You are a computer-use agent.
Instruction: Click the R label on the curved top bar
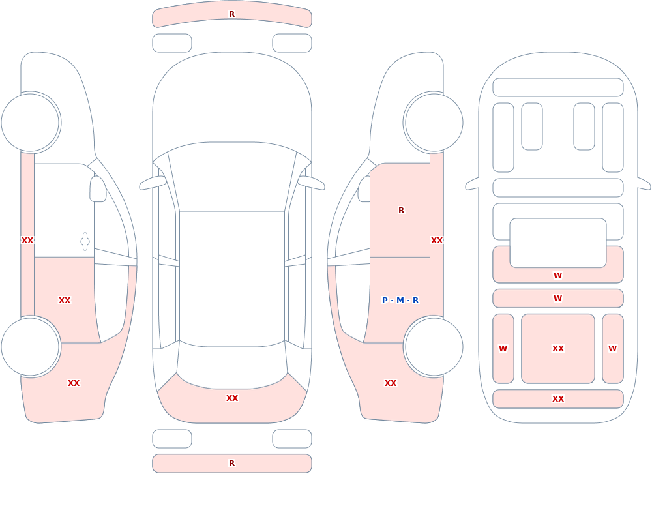click(232, 14)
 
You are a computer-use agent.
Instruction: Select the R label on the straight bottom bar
click(232, 464)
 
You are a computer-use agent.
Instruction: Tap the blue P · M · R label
click(400, 301)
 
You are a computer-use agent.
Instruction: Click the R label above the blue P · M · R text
click(401, 211)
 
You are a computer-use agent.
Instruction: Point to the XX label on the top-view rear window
click(232, 398)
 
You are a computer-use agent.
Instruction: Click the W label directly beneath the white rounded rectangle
click(558, 275)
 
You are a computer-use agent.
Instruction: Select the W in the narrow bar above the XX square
click(558, 298)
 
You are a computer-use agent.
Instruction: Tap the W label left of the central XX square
click(503, 349)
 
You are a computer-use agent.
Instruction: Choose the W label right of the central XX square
click(612, 349)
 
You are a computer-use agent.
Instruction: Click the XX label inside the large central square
click(558, 349)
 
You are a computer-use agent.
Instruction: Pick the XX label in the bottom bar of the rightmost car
click(558, 399)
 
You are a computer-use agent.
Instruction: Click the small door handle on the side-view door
click(85, 242)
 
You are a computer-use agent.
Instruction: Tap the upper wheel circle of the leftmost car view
click(31, 123)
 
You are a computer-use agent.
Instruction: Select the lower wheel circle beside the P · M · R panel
click(434, 347)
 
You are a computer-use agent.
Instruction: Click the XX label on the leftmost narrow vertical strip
click(27, 241)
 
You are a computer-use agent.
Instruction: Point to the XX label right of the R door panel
click(437, 241)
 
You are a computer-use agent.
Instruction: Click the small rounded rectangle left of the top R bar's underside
click(172, 43)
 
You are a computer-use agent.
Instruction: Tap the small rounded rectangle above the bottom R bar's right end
click(292, 439)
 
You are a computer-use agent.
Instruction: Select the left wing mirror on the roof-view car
click(153, 183)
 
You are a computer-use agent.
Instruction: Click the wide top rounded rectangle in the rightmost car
click(558, 87)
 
